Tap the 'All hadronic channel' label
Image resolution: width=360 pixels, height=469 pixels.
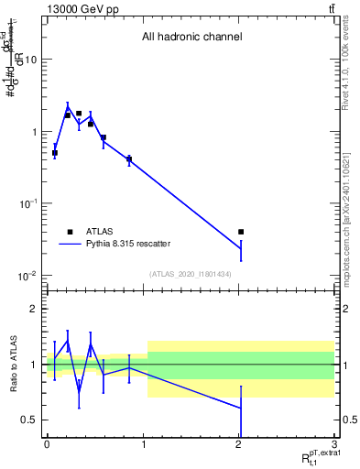coord(191,37)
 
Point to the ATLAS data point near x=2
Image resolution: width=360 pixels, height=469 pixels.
coord(241,232)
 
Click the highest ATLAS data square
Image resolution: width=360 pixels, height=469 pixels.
coord(79,114)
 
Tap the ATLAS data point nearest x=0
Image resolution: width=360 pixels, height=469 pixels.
coord(55,153)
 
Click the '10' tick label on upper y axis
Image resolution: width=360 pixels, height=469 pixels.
coord(30,60)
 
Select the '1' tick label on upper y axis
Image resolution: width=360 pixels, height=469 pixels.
coord(34,132)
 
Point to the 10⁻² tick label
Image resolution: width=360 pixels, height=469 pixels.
coord(27,276)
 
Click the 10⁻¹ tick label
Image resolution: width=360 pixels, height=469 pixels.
coord(27,203)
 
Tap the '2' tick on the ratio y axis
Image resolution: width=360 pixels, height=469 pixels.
coord(34,309)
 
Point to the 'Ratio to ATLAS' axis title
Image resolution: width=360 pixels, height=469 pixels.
coord(13,364)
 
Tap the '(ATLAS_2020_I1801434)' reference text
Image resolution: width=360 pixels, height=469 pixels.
coord(191,274)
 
